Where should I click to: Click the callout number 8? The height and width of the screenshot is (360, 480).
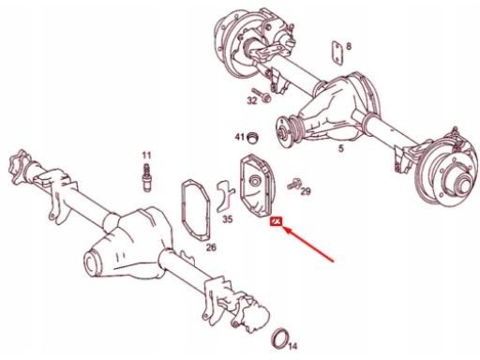tap(349, 47)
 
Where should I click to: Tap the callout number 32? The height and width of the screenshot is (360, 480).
tap(252, 100)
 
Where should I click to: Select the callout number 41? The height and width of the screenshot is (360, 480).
tap(240, 137)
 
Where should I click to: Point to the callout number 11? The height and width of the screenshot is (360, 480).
tap(146, 156)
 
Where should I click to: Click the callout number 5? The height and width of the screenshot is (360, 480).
tap(341, 148)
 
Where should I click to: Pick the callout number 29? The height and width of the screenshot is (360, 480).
tap(306, 191)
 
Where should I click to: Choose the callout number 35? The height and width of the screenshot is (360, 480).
tap(228, 219)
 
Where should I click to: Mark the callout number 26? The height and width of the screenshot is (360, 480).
tap(211, 247)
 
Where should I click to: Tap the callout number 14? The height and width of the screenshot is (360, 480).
tap(293, 346)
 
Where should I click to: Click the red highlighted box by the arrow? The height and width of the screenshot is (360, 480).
tap(277, 221)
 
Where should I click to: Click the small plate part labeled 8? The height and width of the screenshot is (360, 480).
tap(337, 53)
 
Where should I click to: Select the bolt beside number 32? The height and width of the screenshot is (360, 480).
tap(262, 95)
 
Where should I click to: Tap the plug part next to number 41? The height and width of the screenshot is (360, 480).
tap(253, 137)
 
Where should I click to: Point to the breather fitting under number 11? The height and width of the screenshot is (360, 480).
tap(146, 178)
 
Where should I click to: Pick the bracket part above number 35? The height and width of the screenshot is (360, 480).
tap(225, 196)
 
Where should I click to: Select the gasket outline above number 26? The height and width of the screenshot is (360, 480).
tap(182, 213)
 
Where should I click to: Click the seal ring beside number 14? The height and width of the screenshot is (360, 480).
tap(280, 337)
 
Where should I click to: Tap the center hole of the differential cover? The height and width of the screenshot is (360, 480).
tap(255, 181)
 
